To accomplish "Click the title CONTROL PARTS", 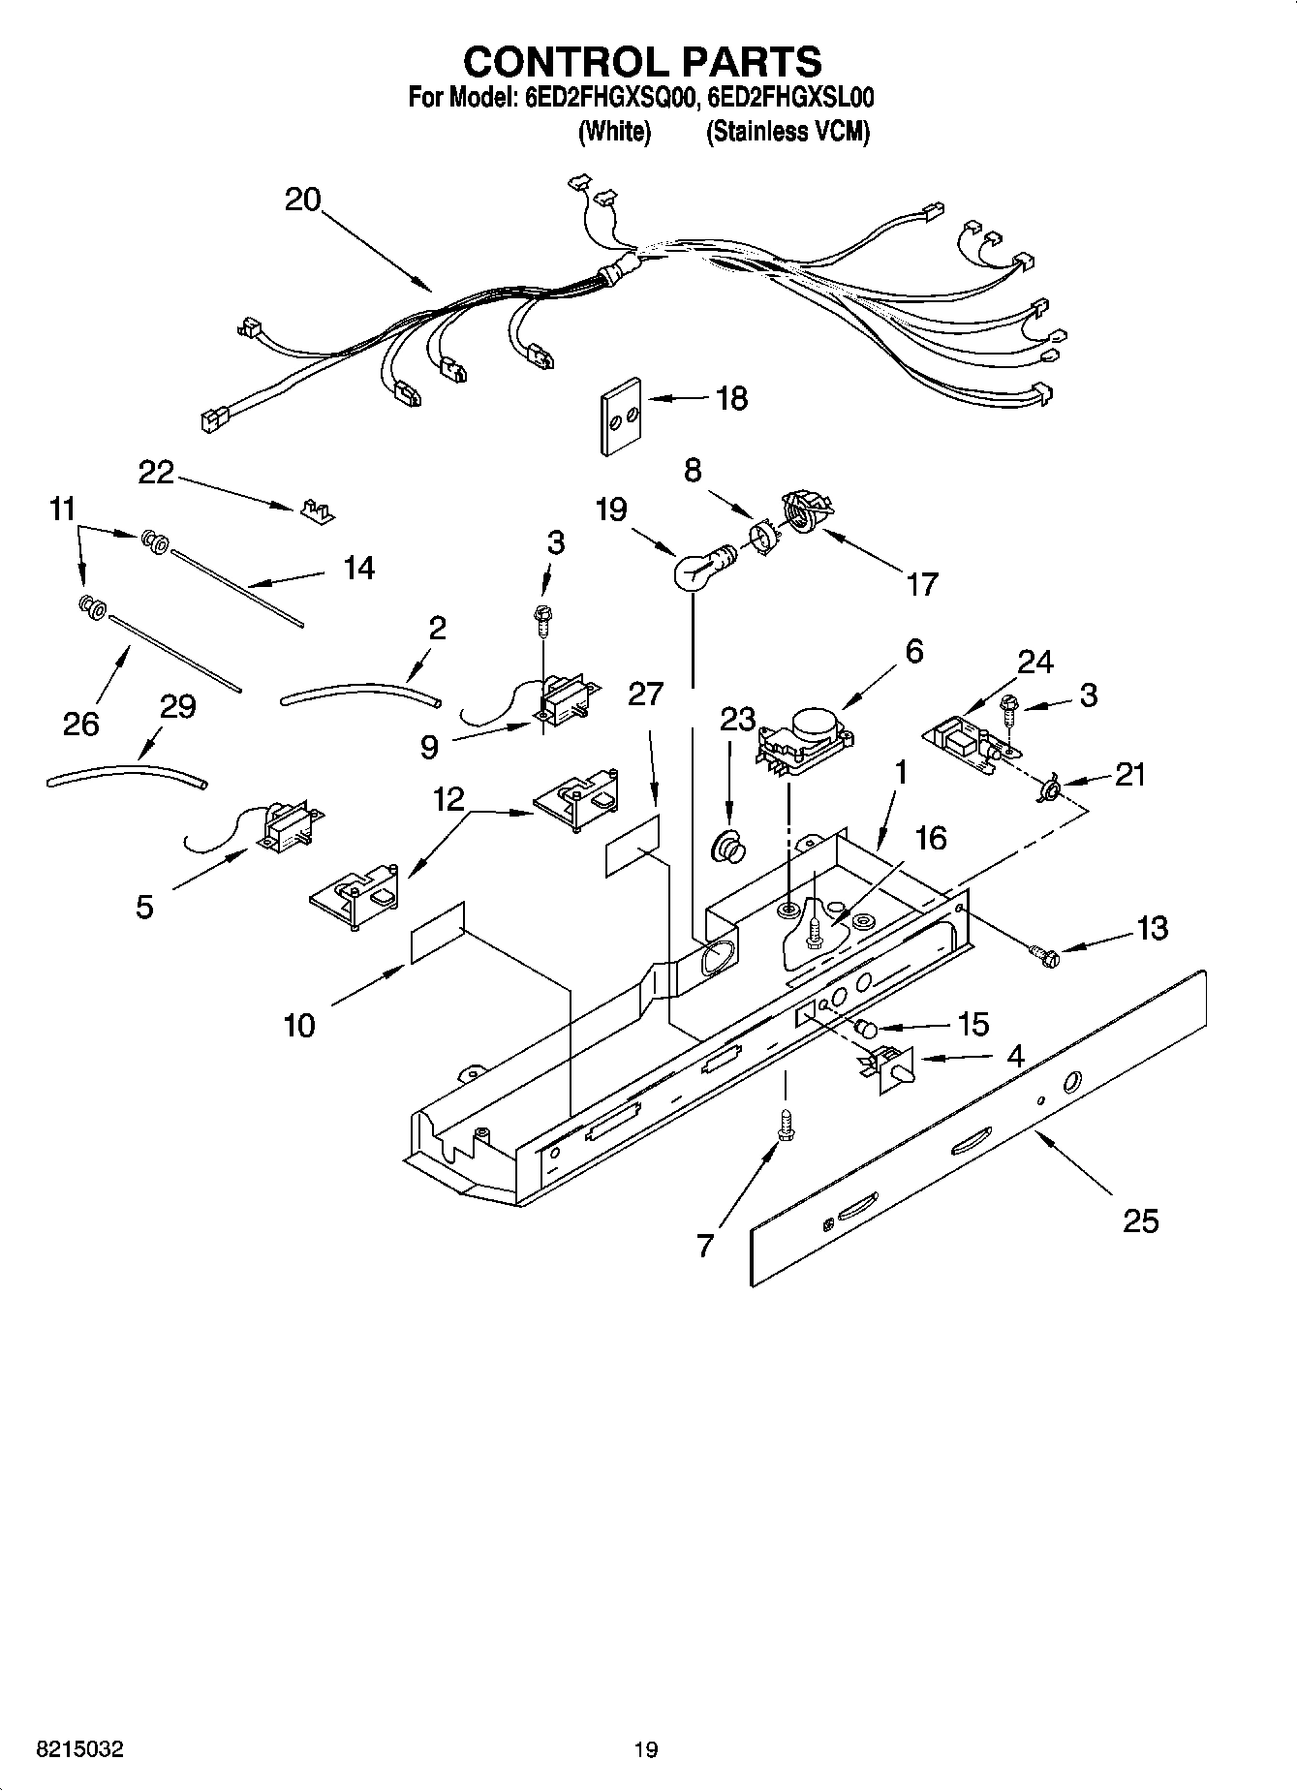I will point(642,62).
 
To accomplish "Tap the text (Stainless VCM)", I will point(787,132).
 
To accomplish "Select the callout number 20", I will point(302,200).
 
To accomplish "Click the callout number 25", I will point(1140,1220).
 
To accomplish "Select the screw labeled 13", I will point(1046,957).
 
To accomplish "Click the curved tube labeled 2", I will point(360,692).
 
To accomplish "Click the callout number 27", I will point(646,694).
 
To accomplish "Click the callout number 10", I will point(299,1024).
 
